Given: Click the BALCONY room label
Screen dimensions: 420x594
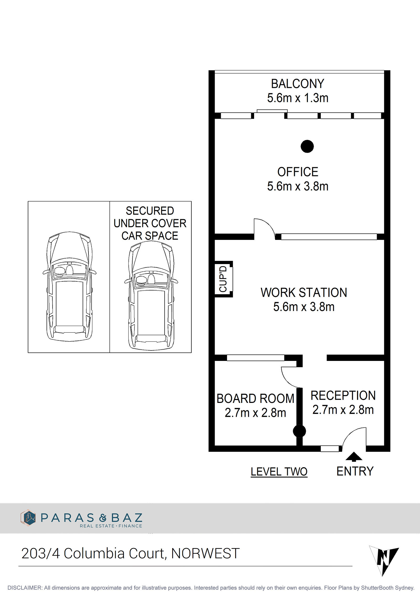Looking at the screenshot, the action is [x=297, y=84].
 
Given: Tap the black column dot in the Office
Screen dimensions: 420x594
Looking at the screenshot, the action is [x=307, y=146].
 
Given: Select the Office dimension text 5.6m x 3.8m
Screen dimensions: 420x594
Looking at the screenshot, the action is [x=298, y=186].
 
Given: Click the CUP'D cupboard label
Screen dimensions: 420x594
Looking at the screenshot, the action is [x=223, y=279].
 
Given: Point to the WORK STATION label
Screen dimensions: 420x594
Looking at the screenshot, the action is [x=304, y=292].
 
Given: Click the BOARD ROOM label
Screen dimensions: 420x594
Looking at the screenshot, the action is [x=255, y=398].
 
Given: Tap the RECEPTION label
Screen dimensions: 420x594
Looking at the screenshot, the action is [x=343, y=395].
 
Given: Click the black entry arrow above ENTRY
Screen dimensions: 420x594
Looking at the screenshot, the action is [x=354, y=457].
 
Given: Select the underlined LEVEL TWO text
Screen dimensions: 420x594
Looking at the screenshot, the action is [x=279, y=472].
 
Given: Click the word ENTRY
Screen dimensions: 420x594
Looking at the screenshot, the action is [x=355, y=471].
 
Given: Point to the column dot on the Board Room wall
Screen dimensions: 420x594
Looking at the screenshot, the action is [x=299, y=431].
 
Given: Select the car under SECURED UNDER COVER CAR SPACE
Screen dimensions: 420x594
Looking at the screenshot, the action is [x=151, y=295].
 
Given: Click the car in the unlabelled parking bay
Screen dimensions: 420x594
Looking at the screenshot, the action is [x=69, y=286].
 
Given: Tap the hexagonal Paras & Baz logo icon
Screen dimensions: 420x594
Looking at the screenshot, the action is [x=28, y=517].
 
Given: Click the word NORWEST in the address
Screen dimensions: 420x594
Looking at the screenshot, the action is [x=205, y=553].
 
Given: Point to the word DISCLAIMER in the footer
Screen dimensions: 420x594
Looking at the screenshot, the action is [x=25, y=588].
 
